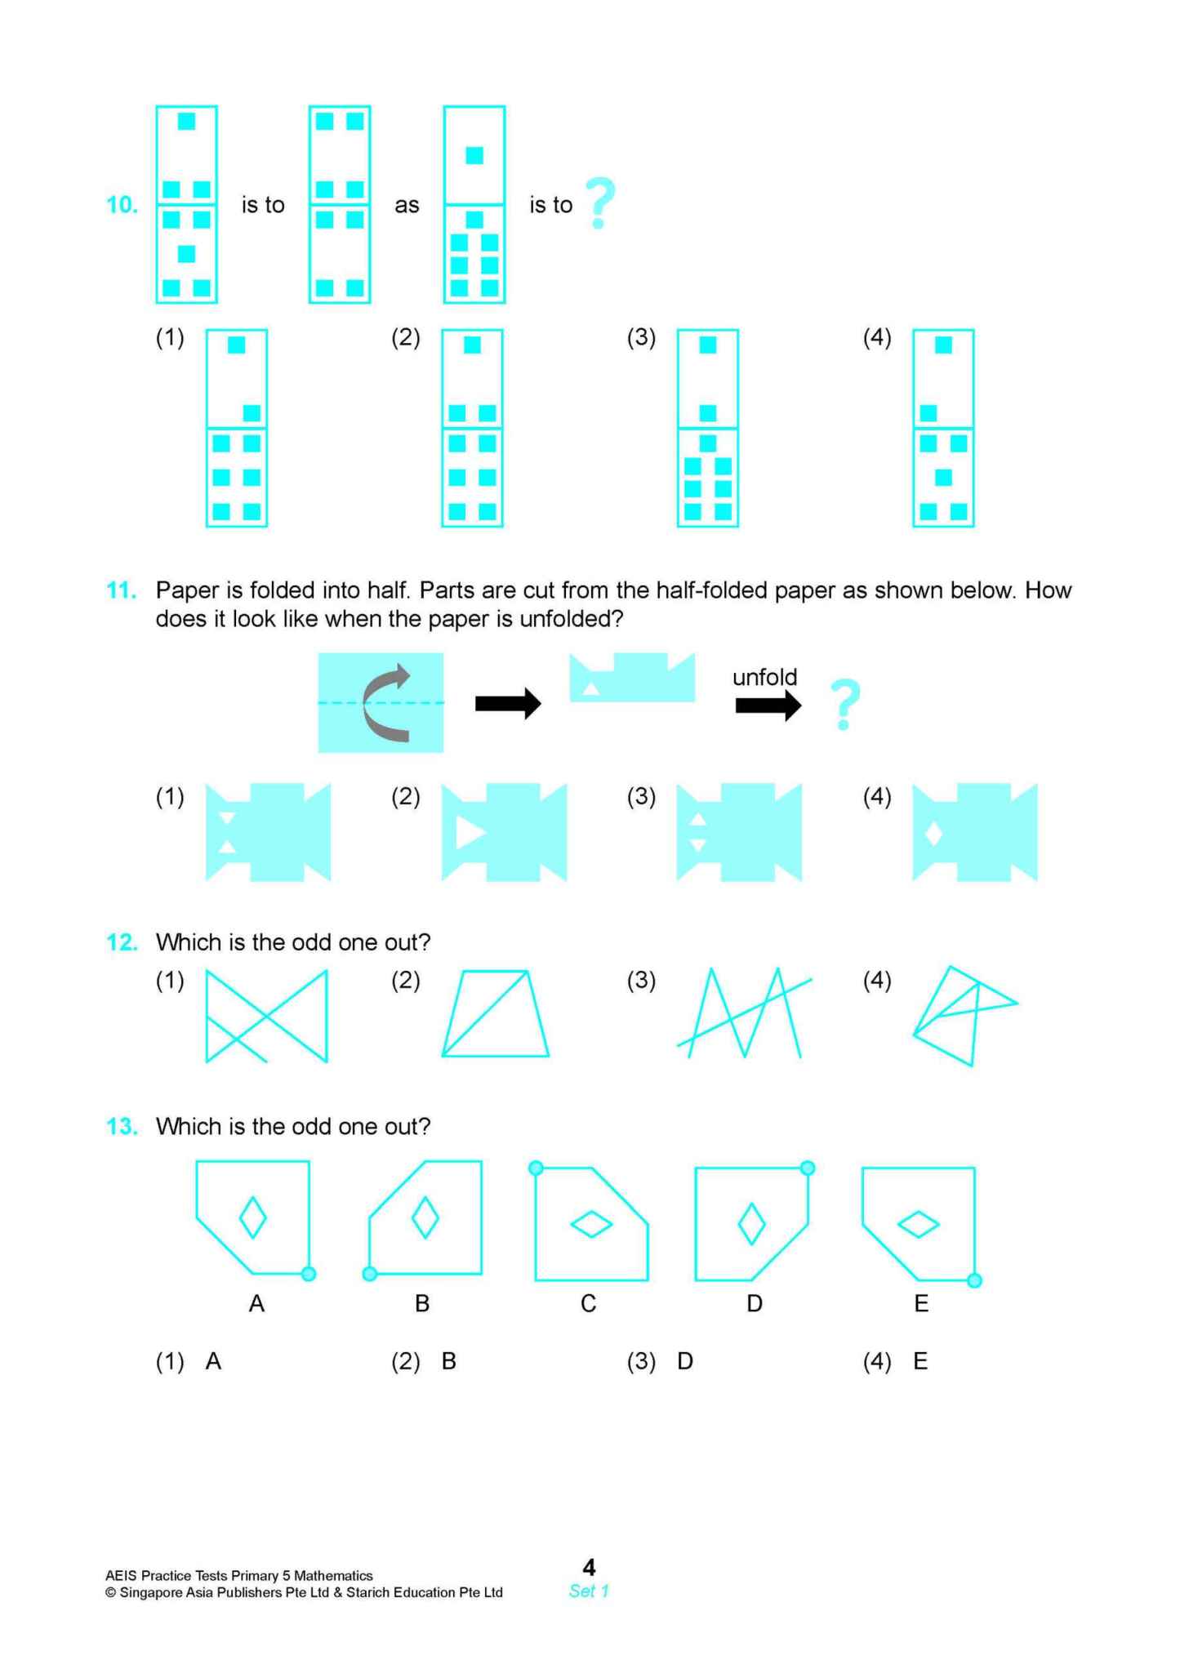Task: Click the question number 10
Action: click(122, 204)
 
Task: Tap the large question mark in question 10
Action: click(600, 203)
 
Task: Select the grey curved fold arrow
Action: click(386, 703)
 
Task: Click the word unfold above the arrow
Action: click(764, 677)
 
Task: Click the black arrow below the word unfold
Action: click(768, 705)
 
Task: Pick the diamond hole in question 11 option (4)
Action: click(933, 834)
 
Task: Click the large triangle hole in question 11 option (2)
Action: click(470, 833)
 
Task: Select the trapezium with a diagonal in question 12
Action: click(496, 1013)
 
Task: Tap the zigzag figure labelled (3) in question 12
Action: click(744, 1013)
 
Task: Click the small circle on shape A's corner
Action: click(309, 1273)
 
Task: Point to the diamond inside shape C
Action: click(591, 1224)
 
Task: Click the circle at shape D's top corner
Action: click(807, 1168)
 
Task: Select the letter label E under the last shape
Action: click(921, 1304)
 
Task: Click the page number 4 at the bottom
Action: click(589, 1567)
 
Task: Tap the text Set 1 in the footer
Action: click(589, 1591)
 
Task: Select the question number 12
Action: click(122, 942)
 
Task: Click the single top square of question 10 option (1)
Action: click(237, 345)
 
